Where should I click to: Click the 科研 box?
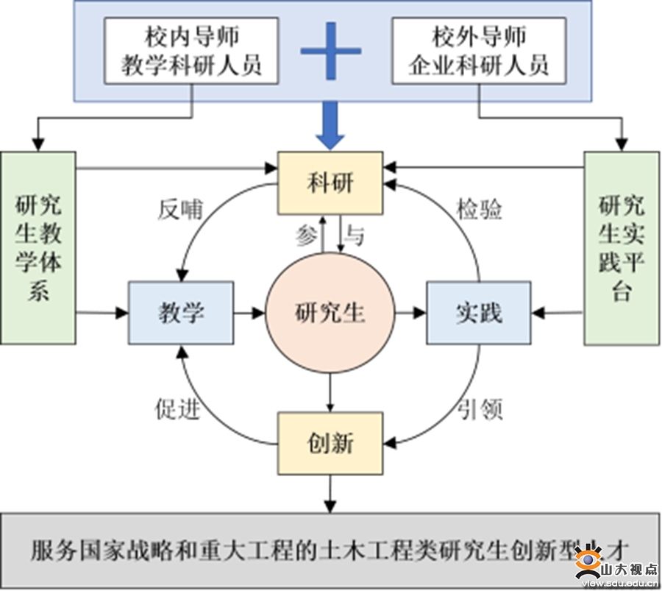[x=330, y=183]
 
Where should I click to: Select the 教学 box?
[x=181, y=313]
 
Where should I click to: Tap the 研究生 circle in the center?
[x=330, y=314]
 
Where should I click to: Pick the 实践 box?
[x=478, y=313]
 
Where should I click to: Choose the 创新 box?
[x=330, y=443]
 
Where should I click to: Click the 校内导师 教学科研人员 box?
[x=192, y=50]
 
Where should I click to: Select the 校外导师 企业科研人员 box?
[x=479, y=50]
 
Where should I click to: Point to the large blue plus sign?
[x=331, y=51]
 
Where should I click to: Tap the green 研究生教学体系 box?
[x=38, y=247]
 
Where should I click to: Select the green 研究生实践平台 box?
[x=622, y=247]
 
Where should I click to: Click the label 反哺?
[x=179, y=210]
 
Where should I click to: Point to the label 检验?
[x=479, y=210]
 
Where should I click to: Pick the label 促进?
[x=177, y=408]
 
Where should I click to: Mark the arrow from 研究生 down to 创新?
[x=330, y=392]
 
